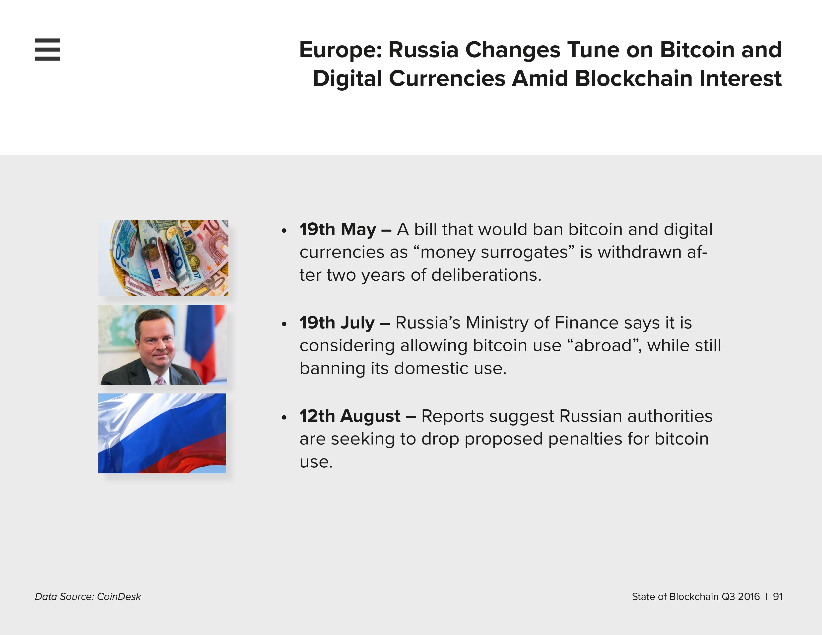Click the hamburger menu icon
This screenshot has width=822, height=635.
(x=47, y=49)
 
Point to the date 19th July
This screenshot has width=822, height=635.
(x=337, y=322)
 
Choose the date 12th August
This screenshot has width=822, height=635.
(x=350, y=416)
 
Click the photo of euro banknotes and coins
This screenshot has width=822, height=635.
(x=163, y=258)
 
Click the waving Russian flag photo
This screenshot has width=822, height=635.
(x=162, y=433)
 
